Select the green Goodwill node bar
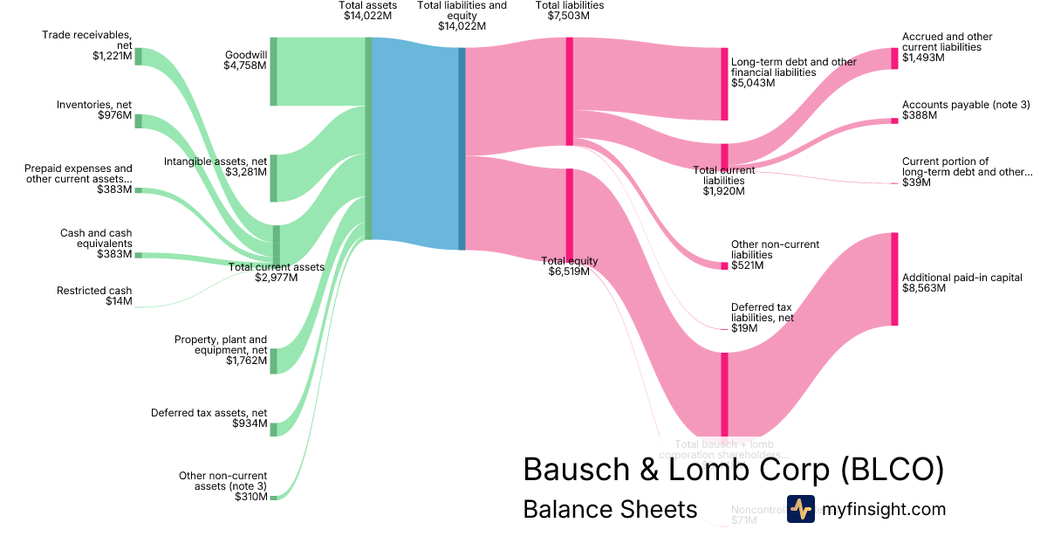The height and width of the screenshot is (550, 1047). [x=273, y=72]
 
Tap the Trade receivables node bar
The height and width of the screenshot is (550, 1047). [x=138, y=56]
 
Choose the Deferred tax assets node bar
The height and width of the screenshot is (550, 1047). [x=273, y=429]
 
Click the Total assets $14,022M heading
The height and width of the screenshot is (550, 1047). [x=367, y=10]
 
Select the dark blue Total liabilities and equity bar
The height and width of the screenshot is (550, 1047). [x=462, y=148]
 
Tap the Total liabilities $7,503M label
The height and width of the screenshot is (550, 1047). [x=569, y=10]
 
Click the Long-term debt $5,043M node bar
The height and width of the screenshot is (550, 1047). [x=724, y=84]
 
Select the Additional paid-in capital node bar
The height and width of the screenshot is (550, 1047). [x=894, y=279]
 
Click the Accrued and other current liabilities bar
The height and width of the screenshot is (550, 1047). [x=894, y=58]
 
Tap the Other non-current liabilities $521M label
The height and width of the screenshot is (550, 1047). [x=775, y=255]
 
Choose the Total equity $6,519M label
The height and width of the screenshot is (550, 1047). [x=569, y=266]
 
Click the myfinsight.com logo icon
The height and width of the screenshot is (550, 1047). [x=800, y=509]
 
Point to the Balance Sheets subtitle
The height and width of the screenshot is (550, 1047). [x=610, y=509]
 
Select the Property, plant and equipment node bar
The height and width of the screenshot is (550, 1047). [x=273, y=361]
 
